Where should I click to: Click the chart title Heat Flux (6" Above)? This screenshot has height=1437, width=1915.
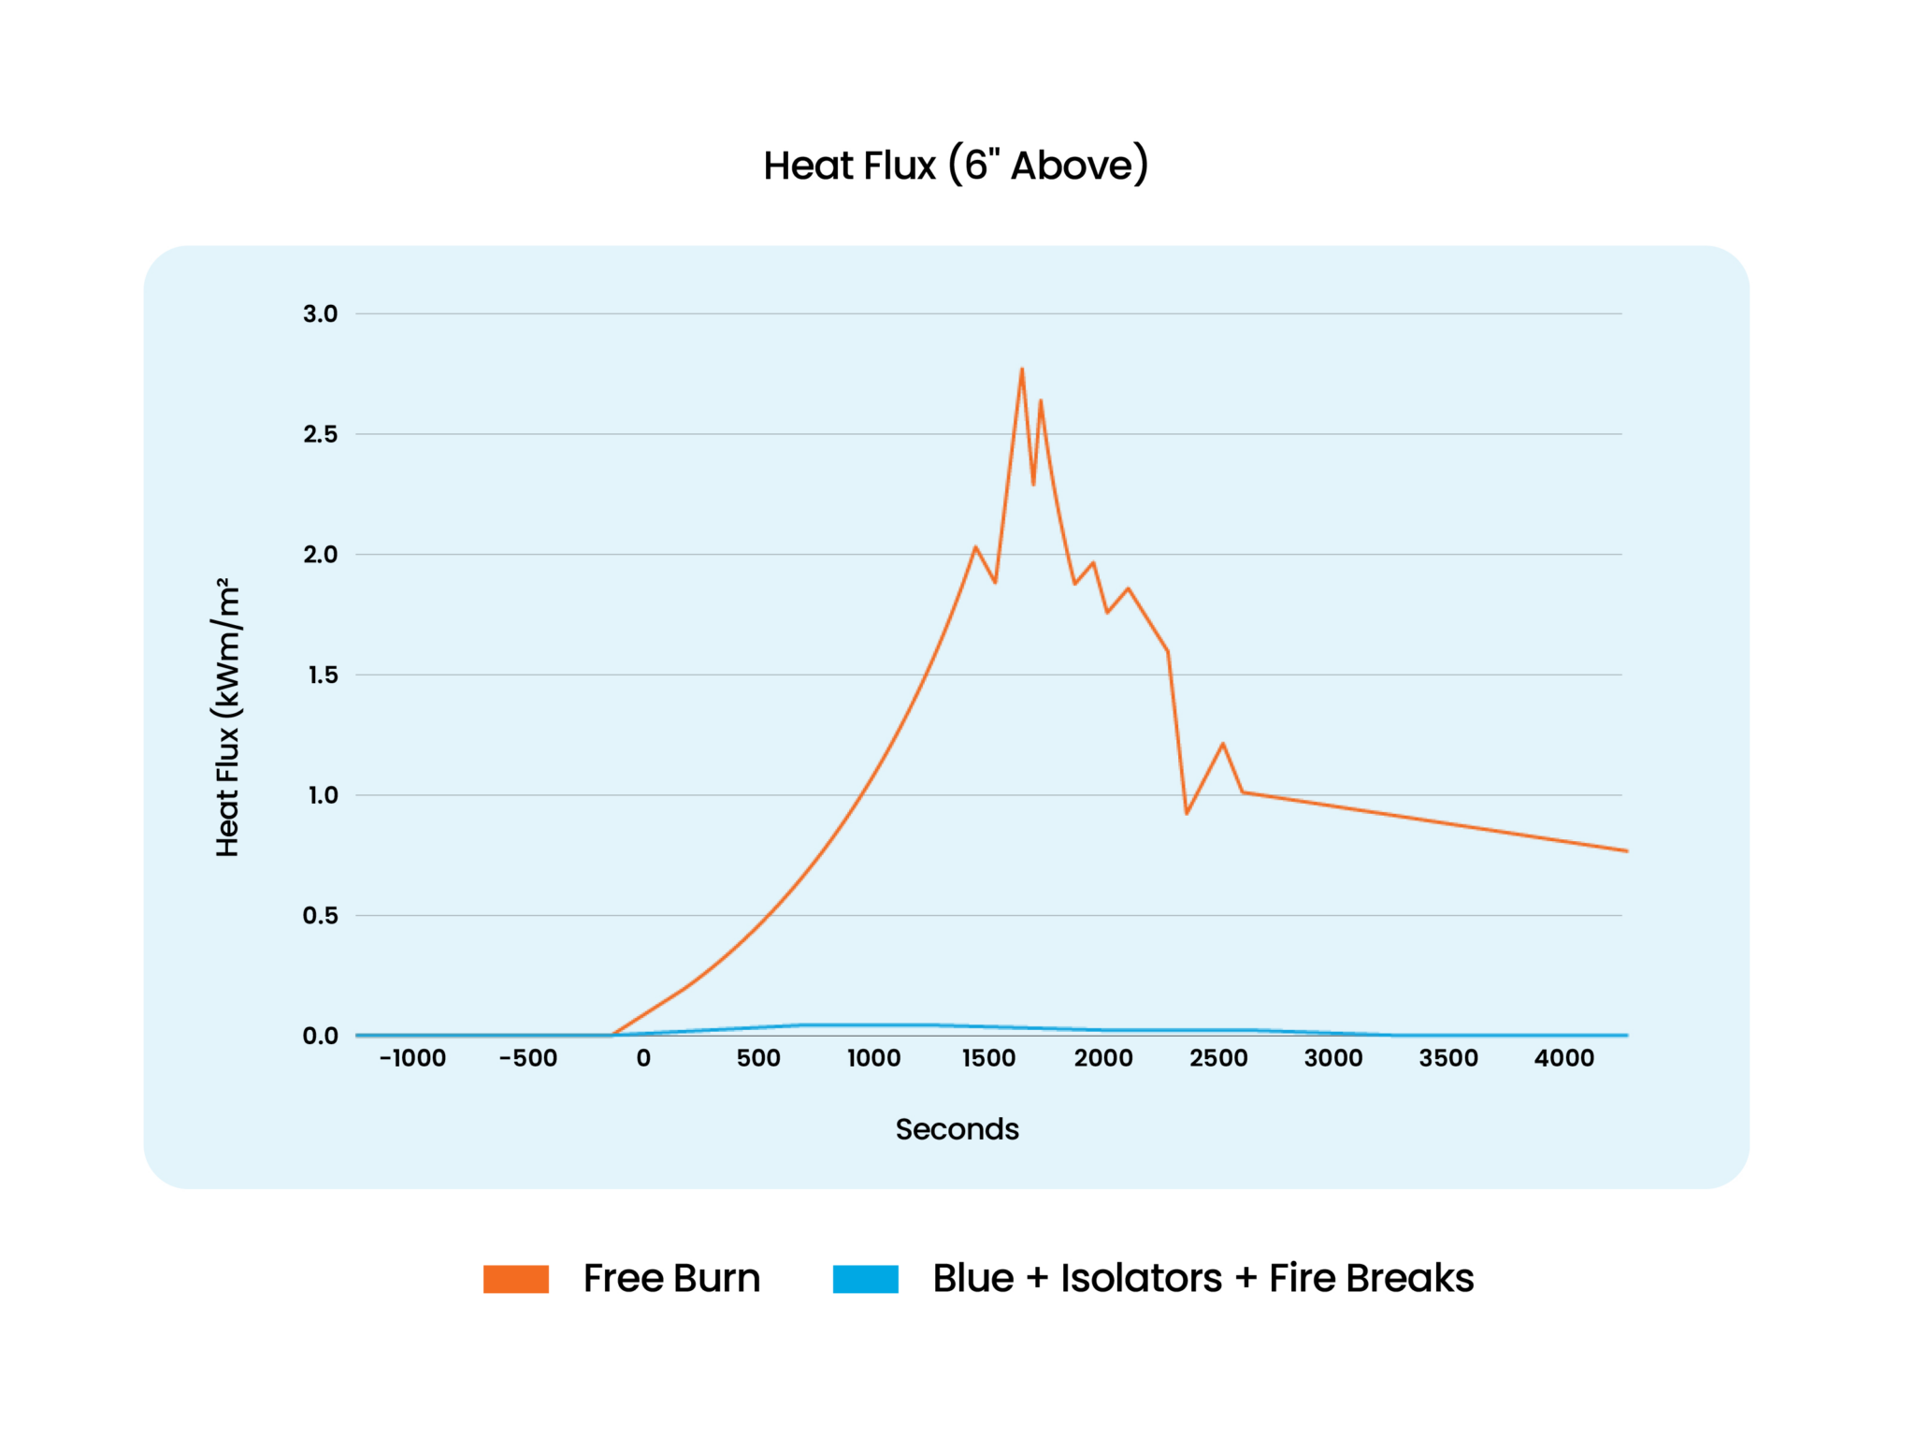click(x=956, y=166)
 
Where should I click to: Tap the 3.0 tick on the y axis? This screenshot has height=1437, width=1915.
click(x=320, y=314)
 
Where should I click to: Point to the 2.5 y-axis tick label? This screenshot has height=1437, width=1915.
click(x=320, y=434)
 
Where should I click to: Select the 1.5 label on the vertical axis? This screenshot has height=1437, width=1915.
click(x=322, y=675)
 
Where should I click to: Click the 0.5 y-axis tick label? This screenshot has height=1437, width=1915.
click(x=320, y=916)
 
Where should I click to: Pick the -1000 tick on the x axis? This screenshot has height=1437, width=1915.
click(x=412, y=1058)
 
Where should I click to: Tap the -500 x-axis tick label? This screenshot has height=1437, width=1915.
click(x=528, y=1058)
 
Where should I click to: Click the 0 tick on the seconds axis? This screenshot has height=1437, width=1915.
click(x=643, y=1058)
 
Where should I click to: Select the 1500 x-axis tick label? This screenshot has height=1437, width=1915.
click(x=988, y=1058)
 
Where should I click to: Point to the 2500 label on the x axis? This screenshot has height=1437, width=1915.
click(x=1218, y=1058)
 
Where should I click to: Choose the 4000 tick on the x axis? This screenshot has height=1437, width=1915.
click(x=1563, y=1058)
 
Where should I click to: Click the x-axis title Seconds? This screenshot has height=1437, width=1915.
click(x=957, y=1129)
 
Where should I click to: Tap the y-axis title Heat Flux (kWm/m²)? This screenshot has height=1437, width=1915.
click(x=227, y=718)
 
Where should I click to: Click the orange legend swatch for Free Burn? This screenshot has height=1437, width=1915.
click(x=515, y=1279)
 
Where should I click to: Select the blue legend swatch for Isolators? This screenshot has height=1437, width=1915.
click(x=865, y=1279)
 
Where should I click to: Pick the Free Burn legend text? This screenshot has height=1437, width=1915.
click(x=671, y=1279)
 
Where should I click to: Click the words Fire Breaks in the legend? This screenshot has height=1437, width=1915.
click(x=1371, y=1279)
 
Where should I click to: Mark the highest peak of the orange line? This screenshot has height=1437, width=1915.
click(x=1021, y=370)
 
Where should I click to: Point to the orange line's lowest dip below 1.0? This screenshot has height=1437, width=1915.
click(x=1187, y=813)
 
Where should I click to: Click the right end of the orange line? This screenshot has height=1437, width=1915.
click(x=1626, y=850)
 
